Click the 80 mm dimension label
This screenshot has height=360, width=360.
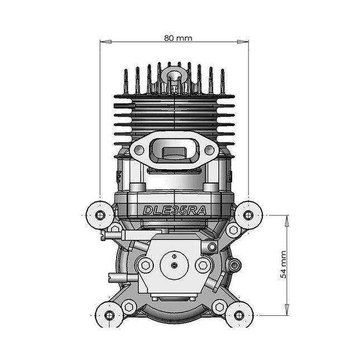175,38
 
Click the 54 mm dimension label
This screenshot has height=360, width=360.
284,265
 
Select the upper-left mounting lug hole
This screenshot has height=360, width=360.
100,215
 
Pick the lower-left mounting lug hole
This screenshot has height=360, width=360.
109,315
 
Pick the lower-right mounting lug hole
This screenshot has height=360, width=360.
239,315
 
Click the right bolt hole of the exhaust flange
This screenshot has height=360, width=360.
210,150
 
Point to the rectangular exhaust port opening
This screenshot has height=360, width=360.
174,150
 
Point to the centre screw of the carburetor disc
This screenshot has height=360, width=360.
175,265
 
